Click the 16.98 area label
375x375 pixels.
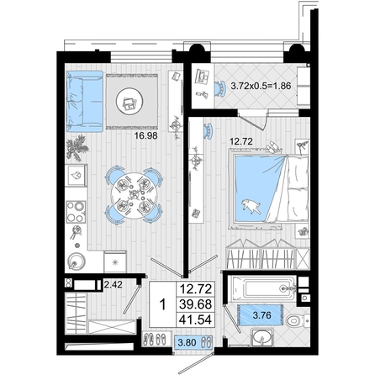tap(145, 136)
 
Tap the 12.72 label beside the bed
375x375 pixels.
tap(241, 141)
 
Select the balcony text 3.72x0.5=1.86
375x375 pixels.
tap(261, 86)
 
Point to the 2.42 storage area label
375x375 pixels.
tap(114, 284)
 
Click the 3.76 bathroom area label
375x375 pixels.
tap(261, 315)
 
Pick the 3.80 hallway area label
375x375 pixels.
tap(187, 342)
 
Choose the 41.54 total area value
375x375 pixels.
tap(195, 320)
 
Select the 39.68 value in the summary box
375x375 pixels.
tap(195, 304)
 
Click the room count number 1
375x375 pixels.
tap(162, 304)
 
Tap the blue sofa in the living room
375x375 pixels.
tap(85, 101)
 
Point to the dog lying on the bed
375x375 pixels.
tap(251, 206)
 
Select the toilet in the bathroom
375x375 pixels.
tap(297, 320)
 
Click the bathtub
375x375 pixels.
tap(261, 288)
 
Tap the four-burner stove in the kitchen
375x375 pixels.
tap(76, 212)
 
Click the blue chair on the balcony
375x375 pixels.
tap(220, 88)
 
